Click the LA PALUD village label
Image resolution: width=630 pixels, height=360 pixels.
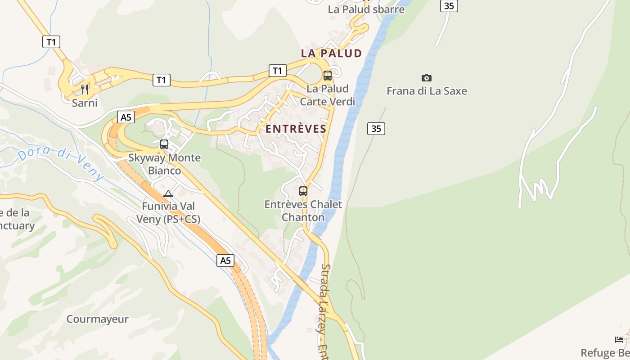coord(331,53)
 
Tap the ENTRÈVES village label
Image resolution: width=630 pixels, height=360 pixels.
coord(296,129)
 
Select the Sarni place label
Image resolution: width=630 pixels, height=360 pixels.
coord(85,103)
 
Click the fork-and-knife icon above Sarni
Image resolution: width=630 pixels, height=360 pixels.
coord(85,90)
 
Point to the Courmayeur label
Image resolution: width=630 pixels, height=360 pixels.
coord(97,319)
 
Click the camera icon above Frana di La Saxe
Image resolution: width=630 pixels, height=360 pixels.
coord(426,78)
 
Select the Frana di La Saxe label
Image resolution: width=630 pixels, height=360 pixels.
coord(427,91)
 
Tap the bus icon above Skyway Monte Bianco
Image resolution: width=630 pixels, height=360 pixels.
coord(164,144)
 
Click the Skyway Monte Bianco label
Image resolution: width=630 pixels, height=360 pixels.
coord(164,164)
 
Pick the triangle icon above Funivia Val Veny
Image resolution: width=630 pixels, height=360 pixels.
coord(168,194)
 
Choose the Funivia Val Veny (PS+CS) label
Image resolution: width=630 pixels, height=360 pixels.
coord(168,212)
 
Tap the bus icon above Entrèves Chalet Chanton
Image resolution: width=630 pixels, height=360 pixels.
coord(303,191)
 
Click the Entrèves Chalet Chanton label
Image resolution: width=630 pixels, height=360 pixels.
coord(303,211)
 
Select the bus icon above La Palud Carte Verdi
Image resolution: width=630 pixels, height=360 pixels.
coord(328,76)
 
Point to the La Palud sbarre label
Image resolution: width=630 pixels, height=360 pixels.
coord(366,9)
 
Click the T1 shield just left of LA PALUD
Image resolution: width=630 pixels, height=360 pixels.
coord(277,71)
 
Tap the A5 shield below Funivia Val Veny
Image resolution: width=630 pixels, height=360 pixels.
coord(225,260)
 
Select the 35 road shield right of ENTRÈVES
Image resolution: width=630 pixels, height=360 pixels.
coord(376,129)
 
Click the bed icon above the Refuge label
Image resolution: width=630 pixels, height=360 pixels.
coord(619,339)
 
